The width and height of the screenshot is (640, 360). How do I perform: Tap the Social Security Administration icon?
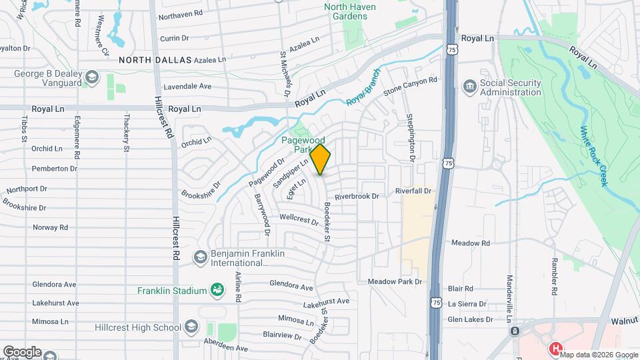tap(471, 87)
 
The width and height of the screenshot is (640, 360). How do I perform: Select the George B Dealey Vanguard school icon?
tap(91, 78)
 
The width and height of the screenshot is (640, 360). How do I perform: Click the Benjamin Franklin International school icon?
tap(199, 257)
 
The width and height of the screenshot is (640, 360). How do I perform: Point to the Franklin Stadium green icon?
tap(216, 289)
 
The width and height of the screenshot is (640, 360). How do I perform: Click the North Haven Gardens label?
tap(349, 11)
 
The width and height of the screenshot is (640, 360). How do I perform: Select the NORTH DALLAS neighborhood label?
tap(155, 60)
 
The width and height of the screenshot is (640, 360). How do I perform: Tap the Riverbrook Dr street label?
tap(357, 197)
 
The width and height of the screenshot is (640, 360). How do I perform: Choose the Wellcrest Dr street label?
tap(299, 218)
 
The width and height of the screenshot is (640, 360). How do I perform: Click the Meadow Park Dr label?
tap(395, 282)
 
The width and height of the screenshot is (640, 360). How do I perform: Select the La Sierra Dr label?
tap(470, 304)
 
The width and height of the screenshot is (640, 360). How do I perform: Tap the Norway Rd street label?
tap(51, 227)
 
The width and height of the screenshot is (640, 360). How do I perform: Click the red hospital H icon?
tap(555, 348)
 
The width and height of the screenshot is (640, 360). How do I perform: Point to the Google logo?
tap(22, 352)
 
